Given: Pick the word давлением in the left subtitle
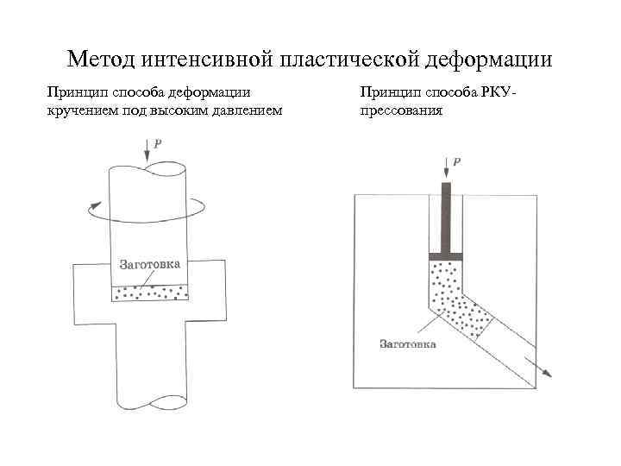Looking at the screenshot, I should [243, 110].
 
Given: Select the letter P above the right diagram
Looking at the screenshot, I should [457, 161].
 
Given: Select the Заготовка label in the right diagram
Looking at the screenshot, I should [408, 343].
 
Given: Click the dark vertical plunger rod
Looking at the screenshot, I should [446, 217].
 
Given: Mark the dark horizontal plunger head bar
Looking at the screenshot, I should [446, 257].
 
